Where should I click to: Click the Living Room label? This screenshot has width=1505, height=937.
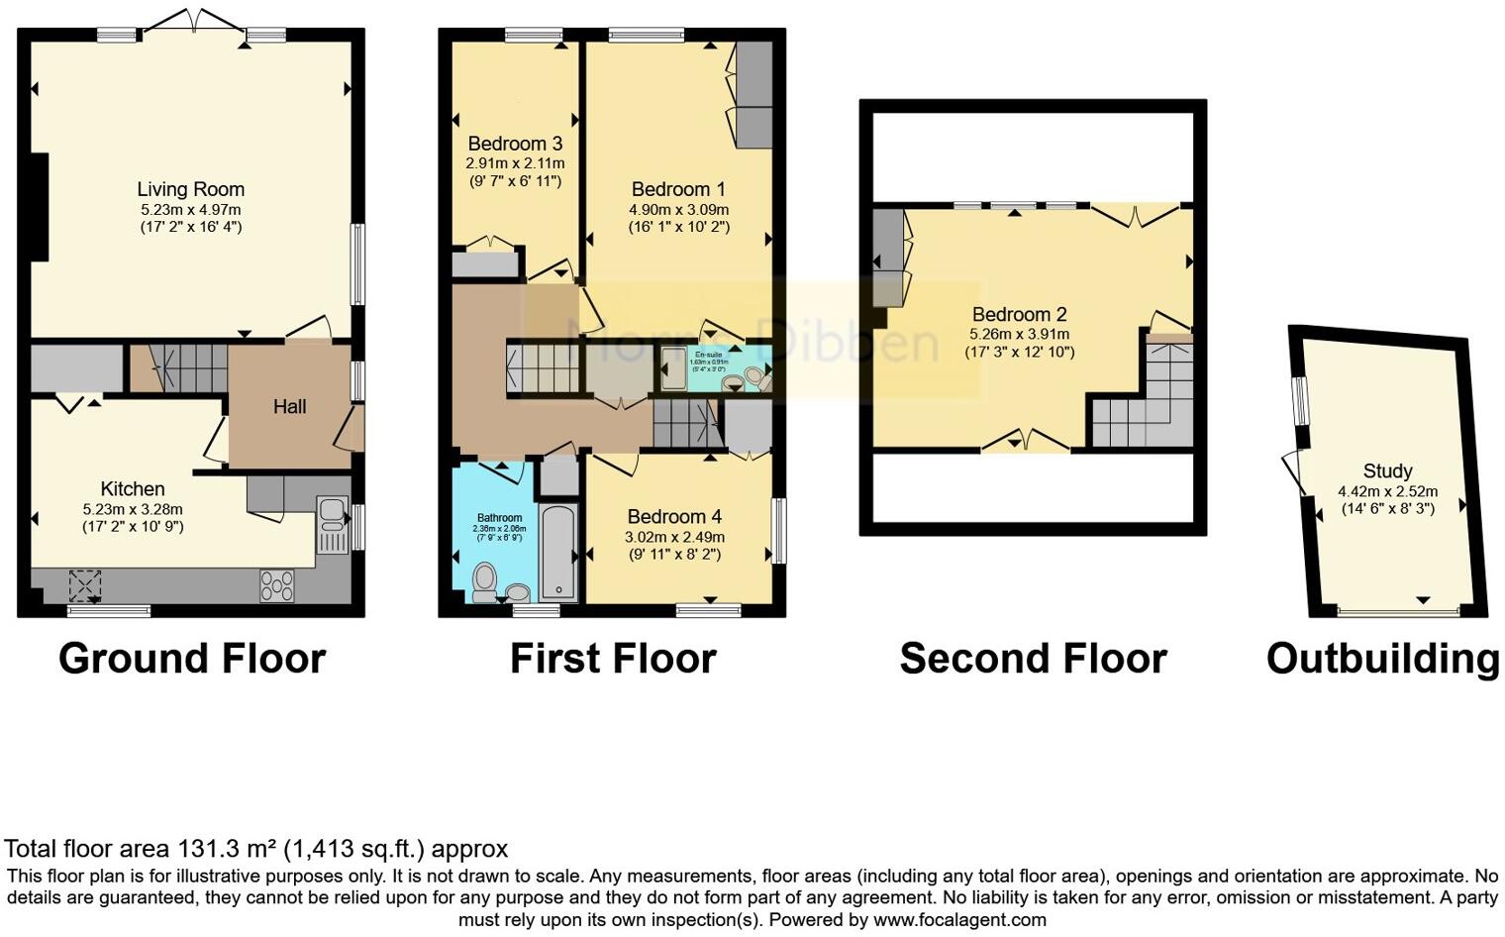[190, 189]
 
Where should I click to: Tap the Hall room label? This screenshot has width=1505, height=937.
[289, 406]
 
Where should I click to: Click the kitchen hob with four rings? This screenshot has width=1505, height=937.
[276, 585]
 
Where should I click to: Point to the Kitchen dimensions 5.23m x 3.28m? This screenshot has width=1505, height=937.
[133, 509]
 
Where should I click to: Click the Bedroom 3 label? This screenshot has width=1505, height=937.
[515, 144]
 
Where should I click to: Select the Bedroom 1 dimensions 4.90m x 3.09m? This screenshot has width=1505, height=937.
[678, 209]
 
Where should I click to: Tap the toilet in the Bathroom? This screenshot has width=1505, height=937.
[484, 581]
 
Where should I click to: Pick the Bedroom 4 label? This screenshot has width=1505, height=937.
[674, 516]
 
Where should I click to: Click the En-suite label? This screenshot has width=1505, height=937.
[708, 355]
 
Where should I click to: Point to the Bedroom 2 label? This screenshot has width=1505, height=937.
[1019, 314]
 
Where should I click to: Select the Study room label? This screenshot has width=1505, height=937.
[1387, 470]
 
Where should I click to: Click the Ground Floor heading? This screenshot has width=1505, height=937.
[191, 659]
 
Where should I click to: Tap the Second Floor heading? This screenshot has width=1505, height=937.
[1033, 659]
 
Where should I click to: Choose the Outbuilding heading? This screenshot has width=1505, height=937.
[1382, 659]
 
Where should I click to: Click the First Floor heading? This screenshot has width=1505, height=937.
[612, 659]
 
